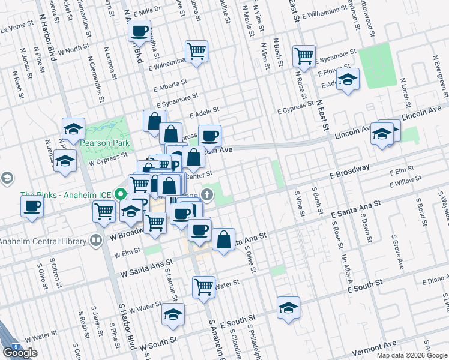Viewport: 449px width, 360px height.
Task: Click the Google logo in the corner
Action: (20, 353)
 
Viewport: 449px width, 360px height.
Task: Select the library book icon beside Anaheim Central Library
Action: (95, 241)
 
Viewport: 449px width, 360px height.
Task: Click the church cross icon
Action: (207, 194)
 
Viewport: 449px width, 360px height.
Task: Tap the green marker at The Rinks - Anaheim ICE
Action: (121, 194)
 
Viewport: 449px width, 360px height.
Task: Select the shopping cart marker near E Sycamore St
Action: (304, 56)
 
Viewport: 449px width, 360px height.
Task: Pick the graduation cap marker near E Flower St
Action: (348, 80)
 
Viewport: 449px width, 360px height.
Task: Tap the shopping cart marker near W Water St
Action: (204, 286)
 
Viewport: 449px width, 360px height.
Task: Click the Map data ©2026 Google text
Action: (411, 355)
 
